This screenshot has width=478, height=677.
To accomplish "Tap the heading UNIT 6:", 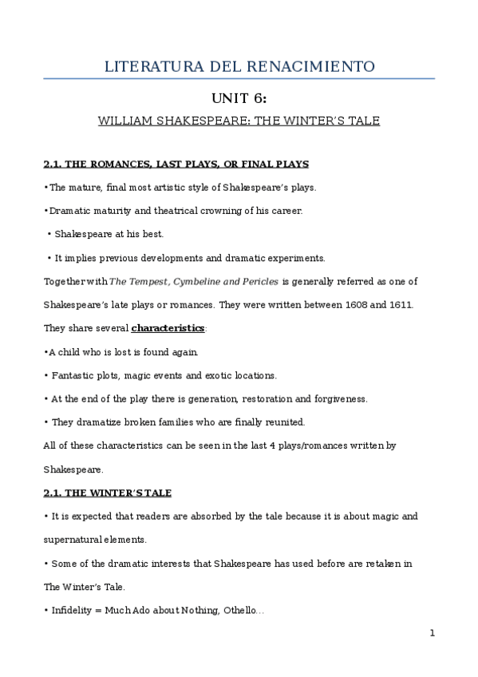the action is [x=239, y=98].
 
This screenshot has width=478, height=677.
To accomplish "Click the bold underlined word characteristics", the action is [x=168, y=328].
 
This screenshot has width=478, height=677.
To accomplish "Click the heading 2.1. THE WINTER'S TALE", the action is [x=107, y=493].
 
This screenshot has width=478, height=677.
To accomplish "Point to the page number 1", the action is [x=432, y=634].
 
